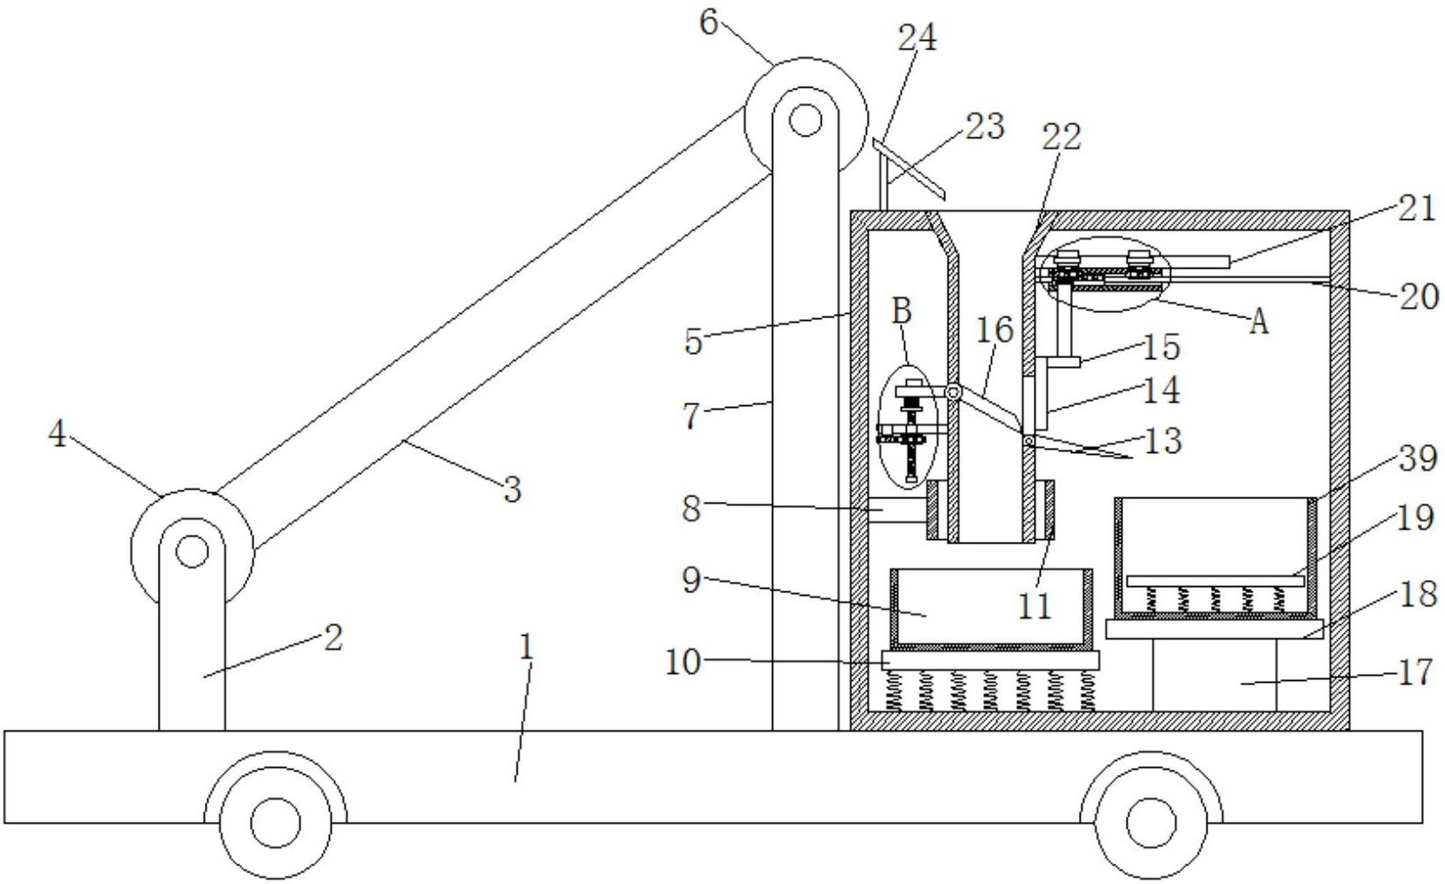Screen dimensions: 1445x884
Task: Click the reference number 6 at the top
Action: pyautogui.click(x=709, y=23)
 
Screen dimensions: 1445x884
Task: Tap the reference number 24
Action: pyautogui.click(x=918, y=37)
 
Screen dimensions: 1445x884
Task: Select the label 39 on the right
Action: pyautogui.click(x=1418, y=458)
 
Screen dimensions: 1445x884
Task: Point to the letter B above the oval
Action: pyautogui.click(x=902, y=311)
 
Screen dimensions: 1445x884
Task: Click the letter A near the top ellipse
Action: pyautogui.click(x=1259, y=321)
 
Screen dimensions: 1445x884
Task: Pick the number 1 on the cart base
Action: pyautogui.click(x=527, y=646)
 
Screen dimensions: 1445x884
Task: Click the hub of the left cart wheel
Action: pyautogui.click(x=276, y=823)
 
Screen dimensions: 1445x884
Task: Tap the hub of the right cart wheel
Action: pyautogui.click(x=1152, y=823)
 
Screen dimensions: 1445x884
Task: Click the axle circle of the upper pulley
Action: pyautogui.click(x=806, y=120)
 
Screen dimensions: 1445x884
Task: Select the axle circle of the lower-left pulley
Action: pyautogui.click(x=191, y=552)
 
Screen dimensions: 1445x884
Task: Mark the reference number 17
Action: pyautogui.click(x=1417, y=673)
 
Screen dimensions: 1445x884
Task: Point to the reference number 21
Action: pyautogui.click(x=1418, y=210)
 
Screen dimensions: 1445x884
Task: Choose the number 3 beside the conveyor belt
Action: pyautogui.click(x=512, y=489)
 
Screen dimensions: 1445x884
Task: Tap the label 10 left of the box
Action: pyautogui.click(x=683, y=662)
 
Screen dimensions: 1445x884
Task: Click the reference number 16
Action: pyautogui.click(x=995, y=330)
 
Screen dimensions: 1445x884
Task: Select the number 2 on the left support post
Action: pyautogui.click(x=332, y=638)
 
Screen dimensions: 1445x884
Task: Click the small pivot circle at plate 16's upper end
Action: pyautogui.click(x=952, y=392)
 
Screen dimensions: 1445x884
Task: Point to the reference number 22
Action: pyautogui.click(x=1061, y=137)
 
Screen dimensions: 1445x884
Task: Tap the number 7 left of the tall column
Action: pyautogui.click(x=691, y=416)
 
